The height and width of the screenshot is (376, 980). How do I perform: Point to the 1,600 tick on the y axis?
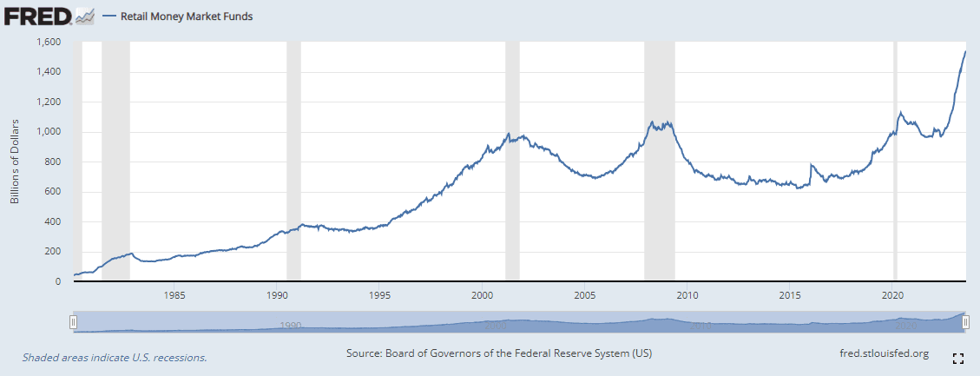(48, 42)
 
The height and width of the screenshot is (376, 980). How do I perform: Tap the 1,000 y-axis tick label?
(48, 132)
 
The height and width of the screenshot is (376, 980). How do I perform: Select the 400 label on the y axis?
(52, 221)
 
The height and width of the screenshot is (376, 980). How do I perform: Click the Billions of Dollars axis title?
(15, 162)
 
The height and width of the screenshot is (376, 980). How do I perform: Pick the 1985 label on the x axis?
(174, 294)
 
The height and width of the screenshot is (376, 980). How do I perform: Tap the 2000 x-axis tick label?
(483, 294)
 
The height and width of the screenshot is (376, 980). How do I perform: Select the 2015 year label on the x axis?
(791, 294)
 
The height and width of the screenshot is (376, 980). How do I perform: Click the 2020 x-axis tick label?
(894, 294)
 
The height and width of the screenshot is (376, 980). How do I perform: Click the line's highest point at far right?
(966, 51)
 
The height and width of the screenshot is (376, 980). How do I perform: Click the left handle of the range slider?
(74, 322)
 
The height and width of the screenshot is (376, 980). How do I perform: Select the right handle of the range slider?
(965, 322)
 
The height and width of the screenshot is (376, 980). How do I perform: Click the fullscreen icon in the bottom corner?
(958, 358)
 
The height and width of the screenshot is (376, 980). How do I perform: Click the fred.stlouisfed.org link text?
(879, 353)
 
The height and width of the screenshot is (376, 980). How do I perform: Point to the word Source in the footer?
(365, 353)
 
